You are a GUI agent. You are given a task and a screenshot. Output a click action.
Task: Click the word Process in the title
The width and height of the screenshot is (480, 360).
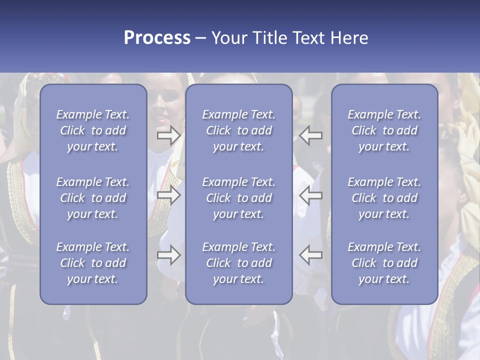pyautogui.click(x=157, y=38)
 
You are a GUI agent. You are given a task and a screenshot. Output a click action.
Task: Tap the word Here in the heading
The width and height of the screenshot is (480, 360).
pyautogui.click(x=349, y=38)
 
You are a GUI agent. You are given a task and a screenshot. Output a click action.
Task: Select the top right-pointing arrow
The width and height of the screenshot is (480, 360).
pyautogui.click(x=168, y=135)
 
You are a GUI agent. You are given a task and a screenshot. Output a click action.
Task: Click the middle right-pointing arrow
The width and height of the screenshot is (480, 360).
pyautogui.click(x=168, y=195)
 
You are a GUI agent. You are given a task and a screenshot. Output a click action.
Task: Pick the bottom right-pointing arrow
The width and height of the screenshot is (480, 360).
pyautogui.click(x=168, y=255)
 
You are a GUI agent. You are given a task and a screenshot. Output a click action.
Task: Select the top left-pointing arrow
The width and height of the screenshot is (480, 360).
pyautogui.click(x=311, y=135)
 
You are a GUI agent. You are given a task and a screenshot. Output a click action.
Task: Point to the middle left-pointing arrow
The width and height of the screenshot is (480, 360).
pyautogui.click(x=311, y=195)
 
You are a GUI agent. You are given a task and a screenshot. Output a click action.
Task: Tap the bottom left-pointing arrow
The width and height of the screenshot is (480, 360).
pyautogui.click(x=311, y=255)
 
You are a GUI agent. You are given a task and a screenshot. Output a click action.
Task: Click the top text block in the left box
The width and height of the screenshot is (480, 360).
pyautogui.click(x=93, y=130)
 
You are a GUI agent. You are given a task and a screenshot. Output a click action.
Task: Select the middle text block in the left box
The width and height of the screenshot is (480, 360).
pyautogui.click(x=93, y=198)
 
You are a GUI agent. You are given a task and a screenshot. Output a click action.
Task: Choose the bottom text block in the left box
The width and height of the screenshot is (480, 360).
pyautogui.click(x=93, y=263)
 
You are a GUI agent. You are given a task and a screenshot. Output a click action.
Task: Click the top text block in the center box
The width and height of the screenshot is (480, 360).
pyautogui.click(x=238, y=130)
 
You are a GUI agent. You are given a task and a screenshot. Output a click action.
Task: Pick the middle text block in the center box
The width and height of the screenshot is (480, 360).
pyautogui.click(x=238, y=198)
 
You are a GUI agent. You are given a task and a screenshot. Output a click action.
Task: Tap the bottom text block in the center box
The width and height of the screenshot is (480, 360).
pyautogui.click(x=238, y=263)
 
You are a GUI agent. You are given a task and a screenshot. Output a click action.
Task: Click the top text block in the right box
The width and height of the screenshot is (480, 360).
pyautogui.click(x=384, y=130)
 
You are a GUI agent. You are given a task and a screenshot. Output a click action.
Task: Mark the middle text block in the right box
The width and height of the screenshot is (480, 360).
pyautogui.click(x=384, y=198)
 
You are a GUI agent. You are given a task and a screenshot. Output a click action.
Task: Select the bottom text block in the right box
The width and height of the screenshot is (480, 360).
pyautogui.click(x=384, y=263)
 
